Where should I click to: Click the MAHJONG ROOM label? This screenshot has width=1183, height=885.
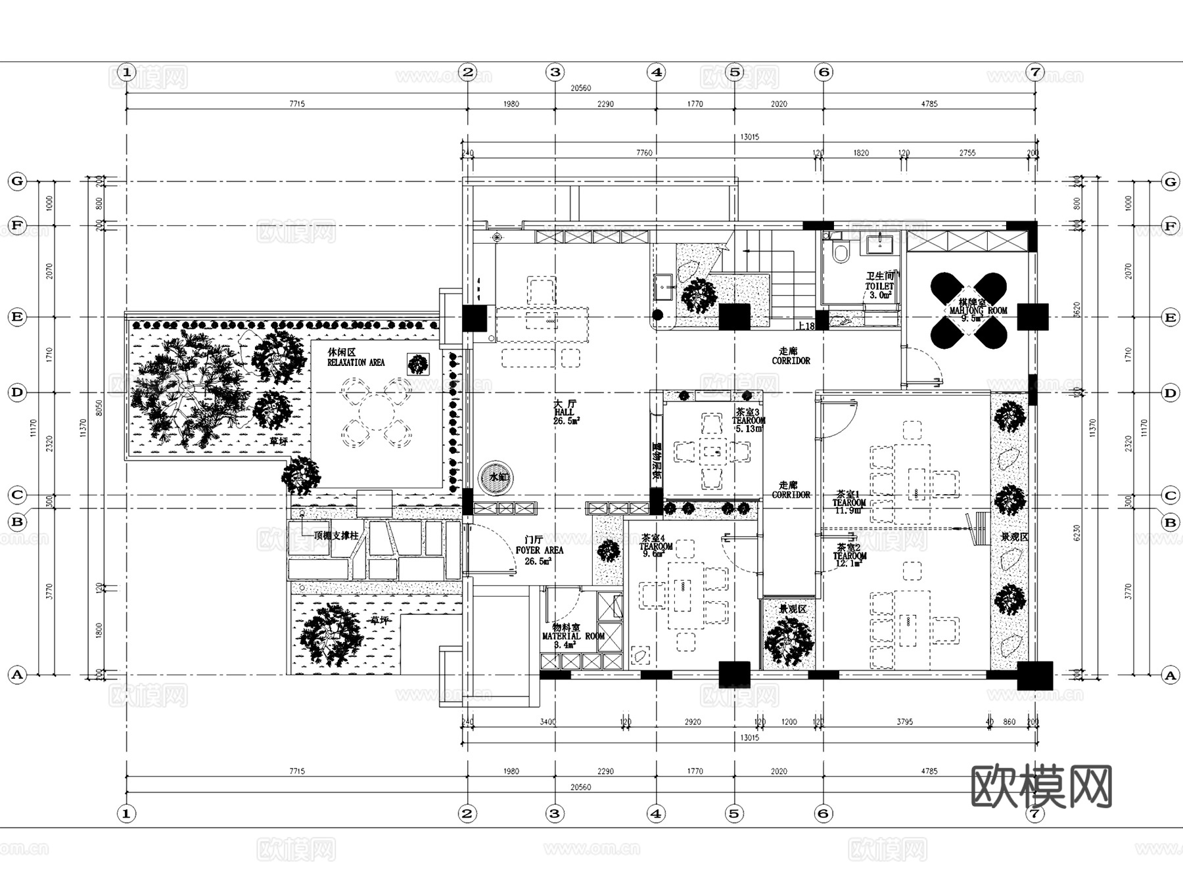click(978, 310)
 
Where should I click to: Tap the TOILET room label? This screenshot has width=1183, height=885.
click(879, 286)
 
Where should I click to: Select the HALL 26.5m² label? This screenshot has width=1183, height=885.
click(565, 412)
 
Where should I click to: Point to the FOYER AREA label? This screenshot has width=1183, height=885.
click(539, 550)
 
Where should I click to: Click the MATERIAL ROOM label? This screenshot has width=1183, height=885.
click(572, 636)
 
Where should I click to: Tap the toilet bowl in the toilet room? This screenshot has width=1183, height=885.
click(841, 252)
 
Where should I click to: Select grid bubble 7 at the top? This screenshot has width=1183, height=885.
click(1035, 72)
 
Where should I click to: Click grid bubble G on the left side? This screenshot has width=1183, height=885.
click(17, 181)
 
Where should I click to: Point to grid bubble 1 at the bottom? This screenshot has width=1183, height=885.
click(126, 813)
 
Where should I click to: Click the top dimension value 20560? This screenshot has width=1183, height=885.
click(580, 88)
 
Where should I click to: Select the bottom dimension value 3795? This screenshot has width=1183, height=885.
click(904, 721)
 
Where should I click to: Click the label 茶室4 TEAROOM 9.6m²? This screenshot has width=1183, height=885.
click(655, 546)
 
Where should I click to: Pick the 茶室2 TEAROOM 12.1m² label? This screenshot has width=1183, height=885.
click(849, 556)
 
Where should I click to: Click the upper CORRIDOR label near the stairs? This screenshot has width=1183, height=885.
click(791, 356)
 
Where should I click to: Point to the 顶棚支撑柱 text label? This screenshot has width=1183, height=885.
click(336, 535)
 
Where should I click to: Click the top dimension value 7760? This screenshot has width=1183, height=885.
click(644, 152)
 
